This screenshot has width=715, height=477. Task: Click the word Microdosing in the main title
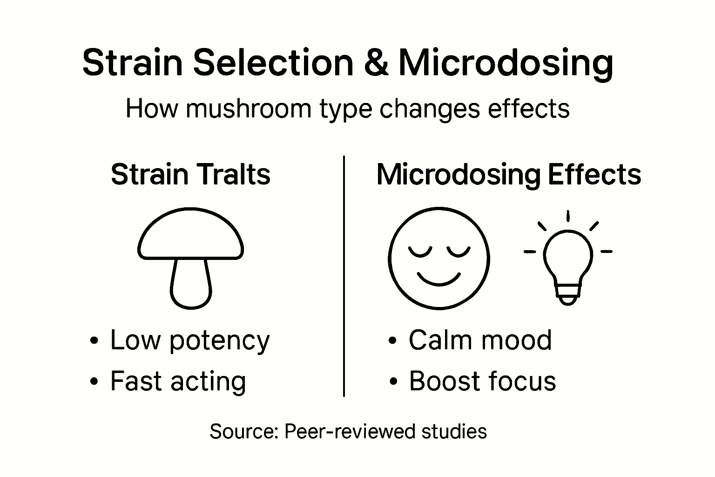coord(506,63)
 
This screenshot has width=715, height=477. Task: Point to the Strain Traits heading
coord(190,175)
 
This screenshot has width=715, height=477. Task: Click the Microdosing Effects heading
coord(508,175)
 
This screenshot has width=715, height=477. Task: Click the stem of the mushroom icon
coord(190,284)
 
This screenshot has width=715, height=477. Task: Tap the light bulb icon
coord(568,263)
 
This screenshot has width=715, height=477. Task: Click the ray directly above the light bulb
coord(568,216)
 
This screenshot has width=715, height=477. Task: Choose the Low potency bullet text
coord(189,340)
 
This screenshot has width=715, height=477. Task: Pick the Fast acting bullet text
coord(178,381)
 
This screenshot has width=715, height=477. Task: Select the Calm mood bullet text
coord(480,340)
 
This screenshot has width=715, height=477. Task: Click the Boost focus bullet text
coord(482,381)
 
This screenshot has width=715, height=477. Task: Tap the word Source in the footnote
coord(243,431)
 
